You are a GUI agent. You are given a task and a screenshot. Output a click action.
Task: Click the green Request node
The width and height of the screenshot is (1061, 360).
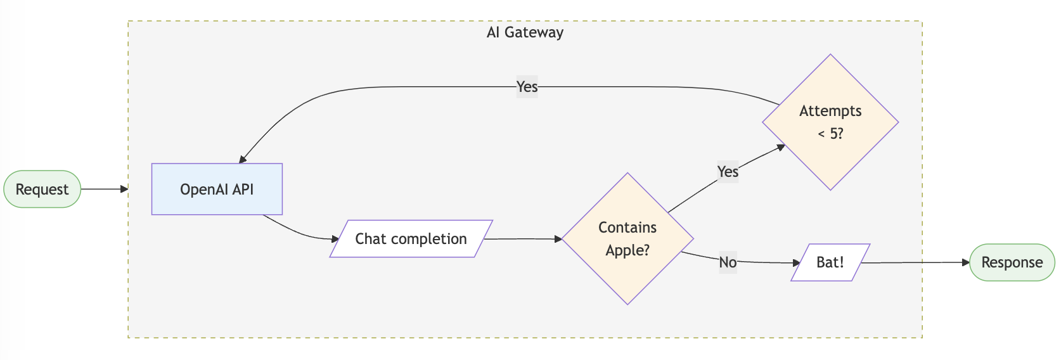click(x=42, y=189)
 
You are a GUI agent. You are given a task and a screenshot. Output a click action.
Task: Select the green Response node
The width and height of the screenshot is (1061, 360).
click(x=1012, y=262)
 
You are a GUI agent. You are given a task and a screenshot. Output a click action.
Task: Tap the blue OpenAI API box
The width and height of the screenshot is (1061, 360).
click(x=217, y=190)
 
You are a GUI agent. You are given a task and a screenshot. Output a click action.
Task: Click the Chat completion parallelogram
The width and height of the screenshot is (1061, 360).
click(x=411, y=239)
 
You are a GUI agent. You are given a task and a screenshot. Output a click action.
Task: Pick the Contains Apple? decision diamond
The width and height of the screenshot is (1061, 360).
click(x=627, y=239)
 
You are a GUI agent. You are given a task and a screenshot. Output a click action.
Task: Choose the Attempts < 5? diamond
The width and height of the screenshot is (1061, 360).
click(x=830, y=122)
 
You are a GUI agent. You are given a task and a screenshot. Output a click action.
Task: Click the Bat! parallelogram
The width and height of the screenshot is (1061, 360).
click(x=830, y=262)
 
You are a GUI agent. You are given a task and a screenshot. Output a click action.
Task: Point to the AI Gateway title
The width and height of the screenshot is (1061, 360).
click(x=525, y=32)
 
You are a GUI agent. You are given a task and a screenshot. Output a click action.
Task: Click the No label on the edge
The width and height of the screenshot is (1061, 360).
click(x=728, y=262)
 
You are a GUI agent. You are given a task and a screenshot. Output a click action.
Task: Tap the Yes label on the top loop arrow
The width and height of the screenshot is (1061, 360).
click(x=527, y=86)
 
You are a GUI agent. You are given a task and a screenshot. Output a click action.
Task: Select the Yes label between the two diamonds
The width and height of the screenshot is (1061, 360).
click(x=728, y=172)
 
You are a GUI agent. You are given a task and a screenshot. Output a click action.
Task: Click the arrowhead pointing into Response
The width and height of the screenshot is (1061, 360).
click(x=965, y=262)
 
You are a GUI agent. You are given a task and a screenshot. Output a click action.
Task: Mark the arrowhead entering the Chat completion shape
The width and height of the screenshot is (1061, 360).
click(x=335, y=239)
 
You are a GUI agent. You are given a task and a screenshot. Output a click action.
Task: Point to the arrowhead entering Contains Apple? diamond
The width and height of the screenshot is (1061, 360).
click(x=558, y=239)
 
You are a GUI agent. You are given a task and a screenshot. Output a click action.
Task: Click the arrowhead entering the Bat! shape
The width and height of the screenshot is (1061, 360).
click(x=796, y=262)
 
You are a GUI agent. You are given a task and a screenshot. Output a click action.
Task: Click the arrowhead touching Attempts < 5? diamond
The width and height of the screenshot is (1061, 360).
click(x=781, y=147)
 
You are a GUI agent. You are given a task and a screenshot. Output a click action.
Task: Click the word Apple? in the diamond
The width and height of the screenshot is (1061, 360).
click(x=627, y=250)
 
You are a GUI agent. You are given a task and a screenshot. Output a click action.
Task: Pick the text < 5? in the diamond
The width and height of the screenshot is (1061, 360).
click(x=830, y=134)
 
